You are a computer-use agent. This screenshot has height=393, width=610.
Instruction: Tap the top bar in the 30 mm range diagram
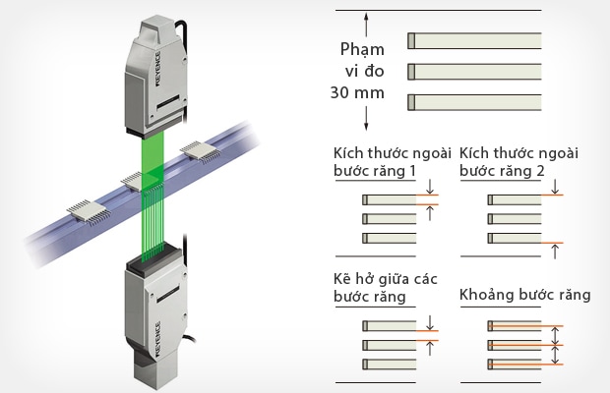[474, 40]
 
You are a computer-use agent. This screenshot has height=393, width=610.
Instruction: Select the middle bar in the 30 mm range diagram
[474, 70]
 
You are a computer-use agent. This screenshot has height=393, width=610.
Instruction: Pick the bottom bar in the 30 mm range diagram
[474, 100]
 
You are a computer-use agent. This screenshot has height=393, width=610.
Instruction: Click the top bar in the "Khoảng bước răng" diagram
[520, 324]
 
